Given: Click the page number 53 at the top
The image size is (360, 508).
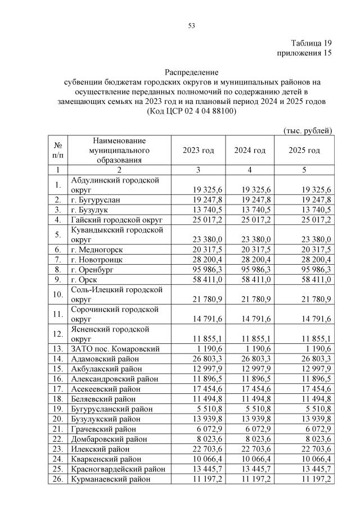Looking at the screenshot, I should click(x=191, y=25).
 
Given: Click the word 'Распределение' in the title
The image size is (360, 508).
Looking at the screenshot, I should click(x=191, y=72).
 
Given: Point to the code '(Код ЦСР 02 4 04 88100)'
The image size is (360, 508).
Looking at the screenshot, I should click(x=191, y=111).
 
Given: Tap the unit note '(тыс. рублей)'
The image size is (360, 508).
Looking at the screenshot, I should click(x=307, y=130).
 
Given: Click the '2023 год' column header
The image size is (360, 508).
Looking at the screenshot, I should click(x=199, y=151).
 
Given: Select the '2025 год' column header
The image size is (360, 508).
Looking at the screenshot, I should click(x=304, y=151).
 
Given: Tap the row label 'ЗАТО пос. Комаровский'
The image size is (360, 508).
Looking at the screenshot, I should click(x=115, y=349).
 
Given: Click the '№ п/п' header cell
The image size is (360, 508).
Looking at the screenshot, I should click(x=57, y=151).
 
